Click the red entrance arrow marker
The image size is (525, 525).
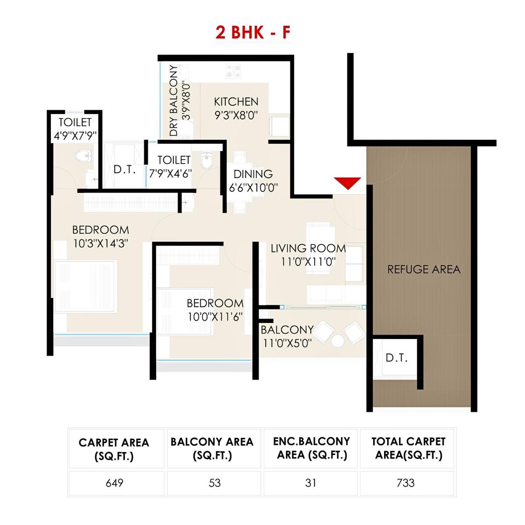(x=347, y=183)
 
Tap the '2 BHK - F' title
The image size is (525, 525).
(x=252, y=33)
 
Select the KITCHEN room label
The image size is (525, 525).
(x=236, y=102)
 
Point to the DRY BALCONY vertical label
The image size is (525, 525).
(x=174, y=101)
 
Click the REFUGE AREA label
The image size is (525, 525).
(x=423, y=269)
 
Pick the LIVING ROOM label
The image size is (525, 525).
(x=308, y=248)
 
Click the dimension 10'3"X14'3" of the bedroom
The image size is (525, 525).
(x=101, y=244)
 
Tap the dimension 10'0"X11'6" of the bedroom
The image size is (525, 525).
(x=215, y=317)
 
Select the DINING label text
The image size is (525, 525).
(x=253, y=174)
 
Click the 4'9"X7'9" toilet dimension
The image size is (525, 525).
(x=75, y=136)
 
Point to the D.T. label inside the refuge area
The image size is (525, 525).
(x=396, y=358)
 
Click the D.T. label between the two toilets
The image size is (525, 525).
(x=125, y=169)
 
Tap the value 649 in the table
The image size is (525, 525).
(x=115, y=483)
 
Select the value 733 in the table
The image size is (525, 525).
(x=406, y=483)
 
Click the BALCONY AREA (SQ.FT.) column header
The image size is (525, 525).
(x=212, y=448)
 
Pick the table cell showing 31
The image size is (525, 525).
(x=311, y=483)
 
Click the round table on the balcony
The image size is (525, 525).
(x=337, y=341)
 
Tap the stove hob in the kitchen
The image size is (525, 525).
(x=233, y=71)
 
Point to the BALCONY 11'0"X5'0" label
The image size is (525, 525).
(x=287, y=336)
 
